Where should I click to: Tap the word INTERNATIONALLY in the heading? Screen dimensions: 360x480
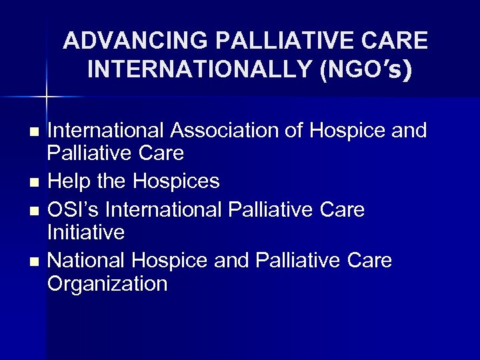(200, 70)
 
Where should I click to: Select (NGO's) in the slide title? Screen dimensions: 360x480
(366, 70)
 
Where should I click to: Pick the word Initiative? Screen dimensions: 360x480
(86, 233)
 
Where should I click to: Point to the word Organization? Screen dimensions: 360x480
(107, 283)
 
